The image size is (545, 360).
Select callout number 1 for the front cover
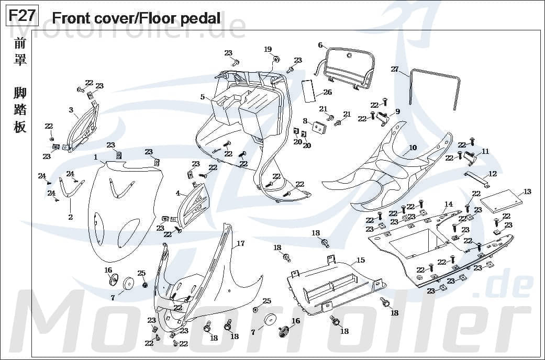click(96, 157)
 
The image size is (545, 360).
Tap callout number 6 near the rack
click(320, 46)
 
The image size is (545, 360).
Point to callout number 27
click(395, 69)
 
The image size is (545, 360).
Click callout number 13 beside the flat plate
click(527, 192)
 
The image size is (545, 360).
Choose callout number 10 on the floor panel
click(413, 148)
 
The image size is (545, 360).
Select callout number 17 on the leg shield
click(240, 243)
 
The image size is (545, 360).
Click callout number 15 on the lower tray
click(361, 260)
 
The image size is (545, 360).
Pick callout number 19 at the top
click(268, 49)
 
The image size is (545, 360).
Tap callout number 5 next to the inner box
click(202, 97)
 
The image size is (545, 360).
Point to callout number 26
click(327, 93)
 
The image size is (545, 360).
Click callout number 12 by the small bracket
click(492, 174)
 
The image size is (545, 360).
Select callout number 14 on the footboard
click(448, 204)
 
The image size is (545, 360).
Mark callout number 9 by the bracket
click(397, 111)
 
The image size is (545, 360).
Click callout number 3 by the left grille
click(71, 110)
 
